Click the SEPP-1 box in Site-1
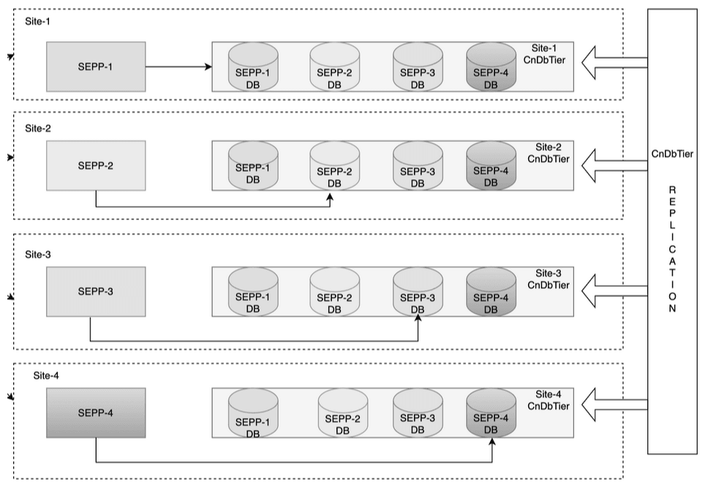pos(96,67)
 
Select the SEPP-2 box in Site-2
pos(96,165)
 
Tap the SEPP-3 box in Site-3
pos(96,291)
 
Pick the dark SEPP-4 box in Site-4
pos(96,413)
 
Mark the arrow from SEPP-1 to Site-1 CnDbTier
pos(178,67)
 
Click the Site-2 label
pos(38,128)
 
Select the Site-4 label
pos(45,376)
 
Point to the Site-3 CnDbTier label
pos(548,279)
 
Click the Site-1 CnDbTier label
pos(548,53)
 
